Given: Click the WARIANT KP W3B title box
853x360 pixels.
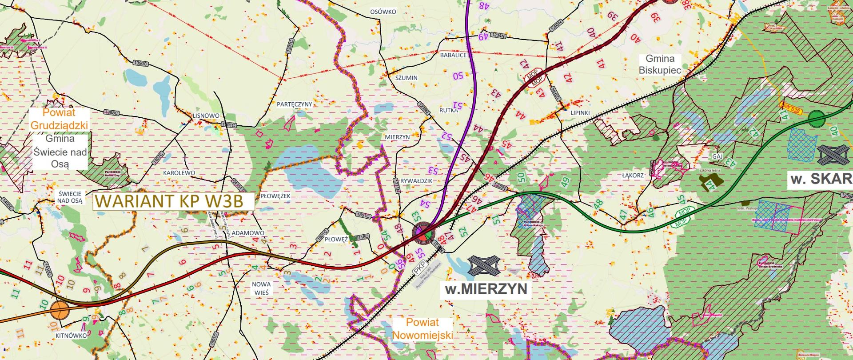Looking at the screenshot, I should click(x=173, y=201).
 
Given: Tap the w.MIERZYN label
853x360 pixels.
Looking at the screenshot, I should click(x=486, y=289).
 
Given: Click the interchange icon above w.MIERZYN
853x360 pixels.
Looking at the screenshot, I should click(x=484, y=266).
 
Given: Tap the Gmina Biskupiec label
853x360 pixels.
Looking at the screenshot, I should click(x=660, y=64).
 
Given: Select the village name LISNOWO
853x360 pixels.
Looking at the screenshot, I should click(x=206, y=116).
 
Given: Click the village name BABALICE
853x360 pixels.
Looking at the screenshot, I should click(x=453, y=56).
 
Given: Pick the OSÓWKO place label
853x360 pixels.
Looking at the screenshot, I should click(x=383, y=12).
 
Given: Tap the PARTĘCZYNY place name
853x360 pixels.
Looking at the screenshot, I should click(x=294, y=104).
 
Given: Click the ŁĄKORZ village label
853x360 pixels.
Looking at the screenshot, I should click(x=633, y=176).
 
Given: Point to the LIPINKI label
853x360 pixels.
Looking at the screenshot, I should click(x=580, y=113).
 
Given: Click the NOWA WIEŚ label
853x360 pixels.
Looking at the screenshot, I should click(x=261, y=288).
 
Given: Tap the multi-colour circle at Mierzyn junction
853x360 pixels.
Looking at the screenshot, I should click(x=423, y=232).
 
